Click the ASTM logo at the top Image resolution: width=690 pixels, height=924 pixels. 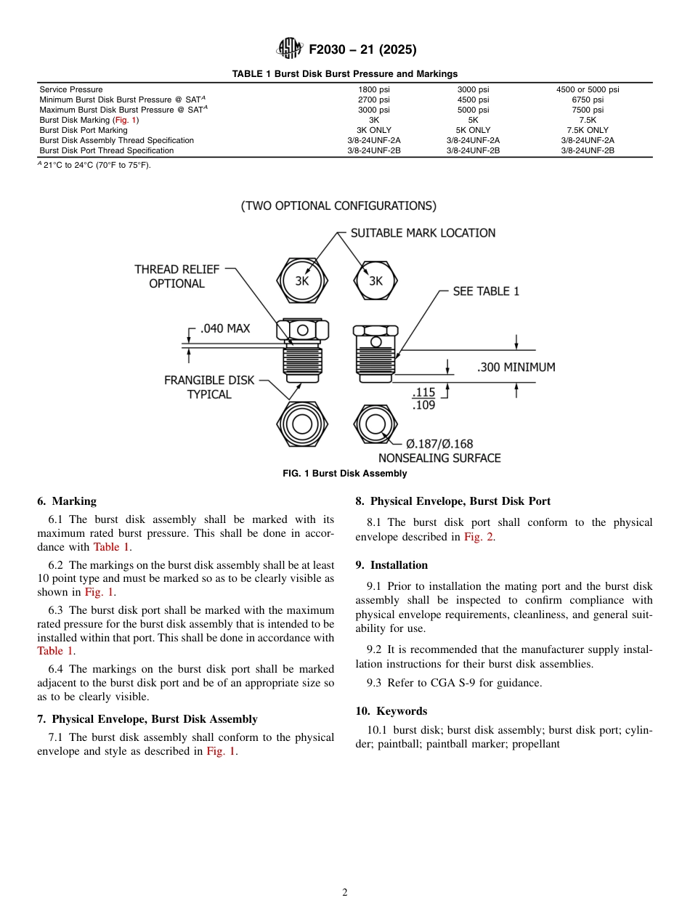coord(289,49)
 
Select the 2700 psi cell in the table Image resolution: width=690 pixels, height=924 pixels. coord(373,100)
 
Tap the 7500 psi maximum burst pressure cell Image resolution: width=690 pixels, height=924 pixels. coord(588,110)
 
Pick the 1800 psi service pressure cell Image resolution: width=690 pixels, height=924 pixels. coord(373,89)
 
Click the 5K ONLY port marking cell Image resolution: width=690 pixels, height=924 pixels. coord(473,130)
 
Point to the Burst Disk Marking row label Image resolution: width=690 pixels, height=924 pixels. coord(89,120)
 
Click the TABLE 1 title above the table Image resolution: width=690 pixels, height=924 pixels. coord(344,73)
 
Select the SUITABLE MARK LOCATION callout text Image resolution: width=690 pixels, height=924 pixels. coord(423,233)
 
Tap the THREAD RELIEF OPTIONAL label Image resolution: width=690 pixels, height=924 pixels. coord(176,276)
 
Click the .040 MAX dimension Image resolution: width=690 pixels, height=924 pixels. coord(224,328)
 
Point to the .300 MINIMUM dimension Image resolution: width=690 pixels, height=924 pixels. coord(516,368)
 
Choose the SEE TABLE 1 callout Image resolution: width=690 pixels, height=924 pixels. coord(486,291)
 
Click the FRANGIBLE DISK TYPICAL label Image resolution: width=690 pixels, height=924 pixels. coord(209,387)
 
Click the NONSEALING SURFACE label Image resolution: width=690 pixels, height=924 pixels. coord(439,458)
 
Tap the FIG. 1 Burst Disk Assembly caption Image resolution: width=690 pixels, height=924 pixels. coord(344,474)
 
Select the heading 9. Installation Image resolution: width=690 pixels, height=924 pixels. coord(391,565)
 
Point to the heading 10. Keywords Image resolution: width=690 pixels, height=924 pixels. coord(391,711)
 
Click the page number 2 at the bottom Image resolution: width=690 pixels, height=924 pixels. coord(345,893)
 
